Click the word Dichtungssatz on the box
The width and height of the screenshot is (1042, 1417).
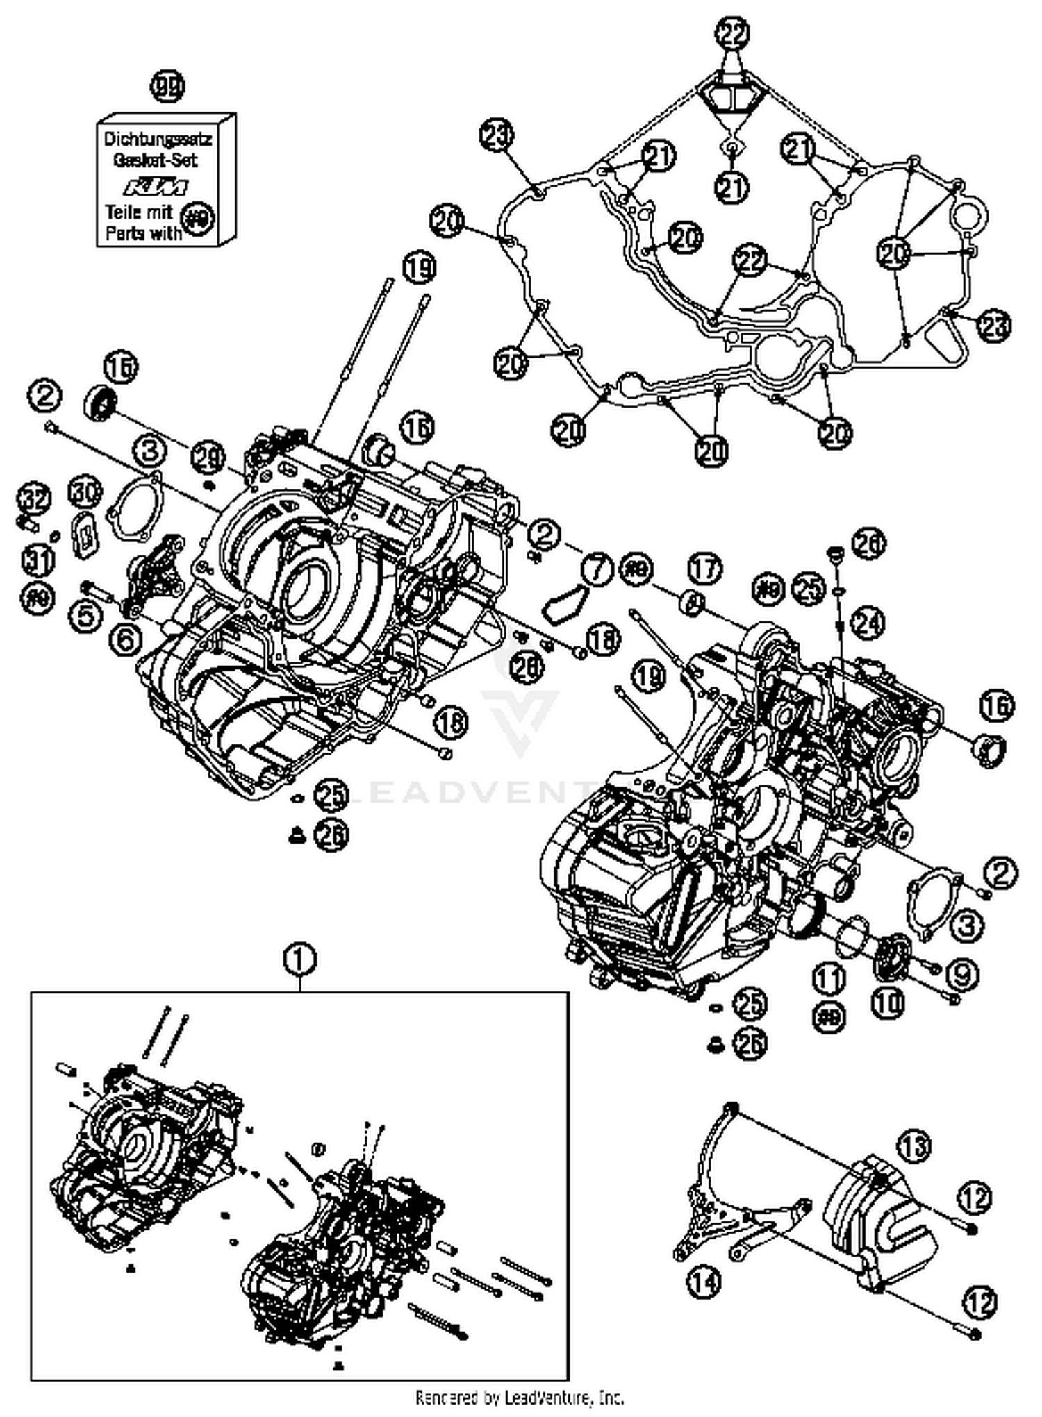coord(158,139)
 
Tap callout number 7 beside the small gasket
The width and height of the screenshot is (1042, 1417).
coord(595,569)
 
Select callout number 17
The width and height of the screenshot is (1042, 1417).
coord(704,569)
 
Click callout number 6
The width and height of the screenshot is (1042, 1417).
coord(125,638)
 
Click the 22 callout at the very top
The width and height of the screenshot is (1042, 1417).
coord(734,33)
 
